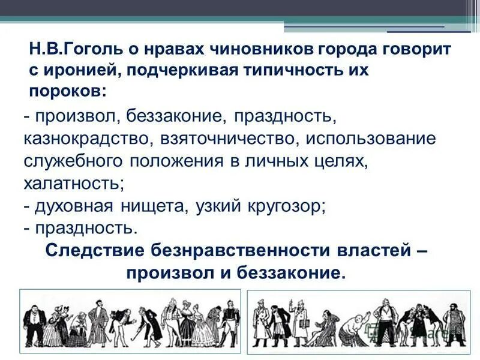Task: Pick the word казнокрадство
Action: click(88, 139)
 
